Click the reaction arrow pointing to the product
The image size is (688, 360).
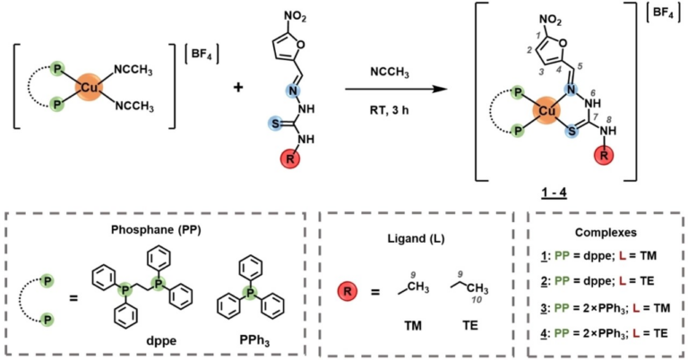click(395, 89)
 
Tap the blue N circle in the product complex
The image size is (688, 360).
click(569, 90)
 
